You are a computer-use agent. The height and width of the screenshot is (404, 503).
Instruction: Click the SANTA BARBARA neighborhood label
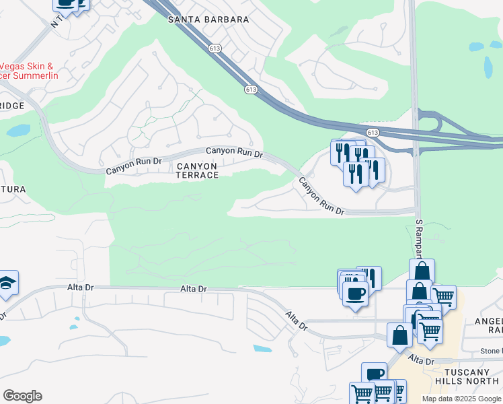[x=208, y=20]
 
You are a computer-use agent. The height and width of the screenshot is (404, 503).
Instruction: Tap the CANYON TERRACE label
[x=197, y=170]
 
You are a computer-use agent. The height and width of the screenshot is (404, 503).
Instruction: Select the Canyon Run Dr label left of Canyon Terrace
[x=134, y=166]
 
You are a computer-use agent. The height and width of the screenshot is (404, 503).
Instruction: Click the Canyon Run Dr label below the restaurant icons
[x=321, y=197]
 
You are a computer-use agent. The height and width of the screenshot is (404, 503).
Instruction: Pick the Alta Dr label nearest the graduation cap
[x=80, y=288]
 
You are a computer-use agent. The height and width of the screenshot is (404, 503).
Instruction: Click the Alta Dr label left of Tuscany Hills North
[x=422, y=361]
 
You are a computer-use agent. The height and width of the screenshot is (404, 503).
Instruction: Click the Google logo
[x=22, y=396]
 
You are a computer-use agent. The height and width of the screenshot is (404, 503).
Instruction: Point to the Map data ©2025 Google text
[x=461, y=399]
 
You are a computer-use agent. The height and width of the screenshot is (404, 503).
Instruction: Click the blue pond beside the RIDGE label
[x=18, y=130]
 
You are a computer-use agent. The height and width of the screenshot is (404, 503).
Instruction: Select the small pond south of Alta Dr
[x=262, y=349]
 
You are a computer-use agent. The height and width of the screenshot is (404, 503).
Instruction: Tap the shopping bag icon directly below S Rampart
[x=422, y=271]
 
